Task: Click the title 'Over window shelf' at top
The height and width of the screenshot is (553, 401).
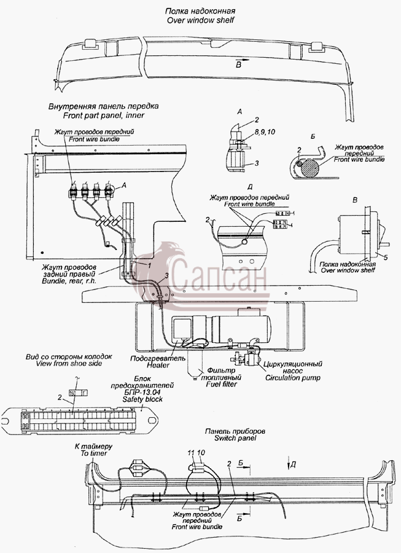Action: tap(200, 20)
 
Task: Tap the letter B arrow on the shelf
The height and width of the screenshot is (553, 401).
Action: tap(242, 61)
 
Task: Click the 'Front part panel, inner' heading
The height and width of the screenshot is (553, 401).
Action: tap(104, 115)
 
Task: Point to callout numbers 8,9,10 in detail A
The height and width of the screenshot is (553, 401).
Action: tap(265, 132)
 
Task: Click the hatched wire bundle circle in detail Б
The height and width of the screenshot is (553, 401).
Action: tap(310, 168)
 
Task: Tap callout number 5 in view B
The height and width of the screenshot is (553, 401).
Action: tap(386, 258)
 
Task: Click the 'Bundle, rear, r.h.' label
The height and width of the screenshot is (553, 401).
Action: tap(69, 281)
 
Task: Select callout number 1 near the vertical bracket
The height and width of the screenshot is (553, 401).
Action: tap(149, 265)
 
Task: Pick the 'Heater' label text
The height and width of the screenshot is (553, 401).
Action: tap(158, 365)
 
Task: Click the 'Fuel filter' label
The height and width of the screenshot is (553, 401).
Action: tap(221, 384)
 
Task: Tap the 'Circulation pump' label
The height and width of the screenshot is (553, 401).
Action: tap(293, 378)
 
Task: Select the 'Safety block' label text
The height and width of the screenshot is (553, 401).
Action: tap(142, 399)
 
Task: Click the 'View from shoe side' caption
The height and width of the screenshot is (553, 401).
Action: tap(69, 363)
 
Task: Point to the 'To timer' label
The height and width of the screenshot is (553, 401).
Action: tap(94, 453)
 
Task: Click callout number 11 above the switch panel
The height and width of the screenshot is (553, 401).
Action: tap(191, 452)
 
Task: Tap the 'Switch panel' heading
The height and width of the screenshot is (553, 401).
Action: tap(235, 438)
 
